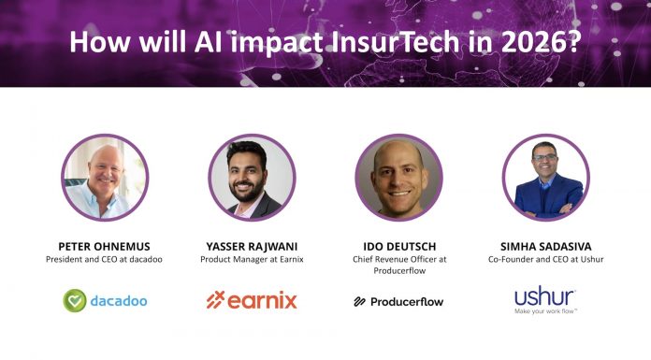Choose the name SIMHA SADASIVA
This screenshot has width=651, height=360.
point(544,245)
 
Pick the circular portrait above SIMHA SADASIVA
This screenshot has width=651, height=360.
point(544,177)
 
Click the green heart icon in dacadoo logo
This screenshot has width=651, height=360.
point(76,300)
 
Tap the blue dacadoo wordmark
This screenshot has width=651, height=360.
point(119,301)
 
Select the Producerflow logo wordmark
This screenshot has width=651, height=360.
point(406,301)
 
